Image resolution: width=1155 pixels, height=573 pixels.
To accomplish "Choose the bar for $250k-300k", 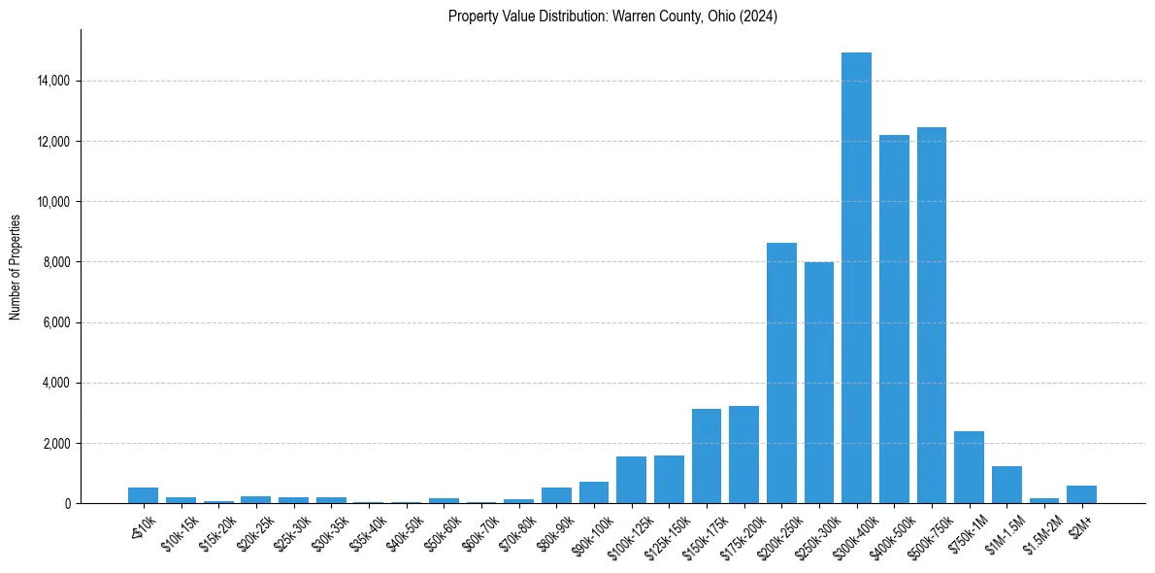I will pos(819,383).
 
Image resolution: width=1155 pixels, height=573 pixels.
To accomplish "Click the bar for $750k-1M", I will pos(969,467).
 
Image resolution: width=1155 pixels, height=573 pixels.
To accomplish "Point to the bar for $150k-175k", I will pos(707,456).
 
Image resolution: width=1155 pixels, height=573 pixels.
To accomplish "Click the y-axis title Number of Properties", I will pos(16,267).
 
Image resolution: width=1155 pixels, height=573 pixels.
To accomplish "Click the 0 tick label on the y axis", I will pos(66,504).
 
